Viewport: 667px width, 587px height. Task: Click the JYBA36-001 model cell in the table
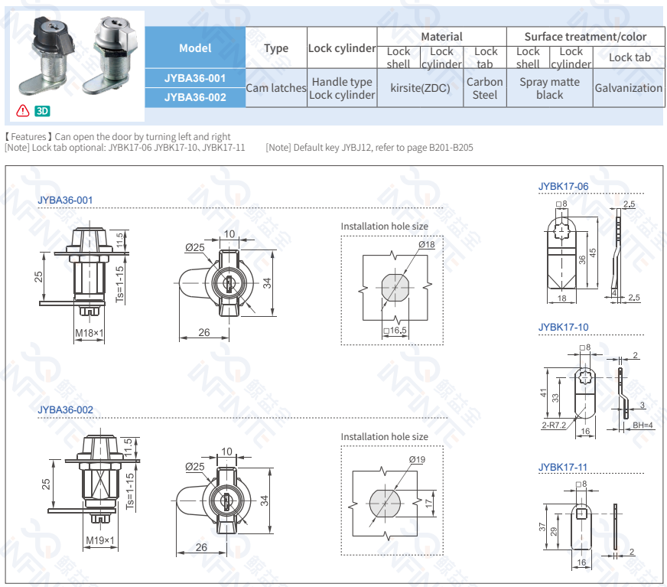pos(195,78)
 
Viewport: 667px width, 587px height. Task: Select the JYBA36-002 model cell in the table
pos(195,97)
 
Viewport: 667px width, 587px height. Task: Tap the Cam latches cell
pos(276,88)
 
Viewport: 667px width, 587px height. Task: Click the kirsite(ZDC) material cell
pos(420,88)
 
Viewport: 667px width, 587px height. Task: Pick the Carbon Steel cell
pos(485,88)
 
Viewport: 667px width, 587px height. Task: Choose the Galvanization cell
pos(628,88)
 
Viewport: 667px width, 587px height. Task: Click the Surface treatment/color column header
pos(585,37)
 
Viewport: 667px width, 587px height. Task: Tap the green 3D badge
pos(42,111)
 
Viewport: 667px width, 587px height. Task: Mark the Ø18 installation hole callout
pos(426,244)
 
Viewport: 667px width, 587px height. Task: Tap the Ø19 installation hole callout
pos(417,459)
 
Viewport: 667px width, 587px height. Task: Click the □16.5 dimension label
pos(395,331)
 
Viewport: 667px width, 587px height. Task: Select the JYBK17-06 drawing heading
pos(563,186)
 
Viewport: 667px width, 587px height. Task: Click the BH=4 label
pos(643,426)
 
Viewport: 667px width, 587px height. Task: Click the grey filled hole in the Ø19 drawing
pos(384,504)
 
